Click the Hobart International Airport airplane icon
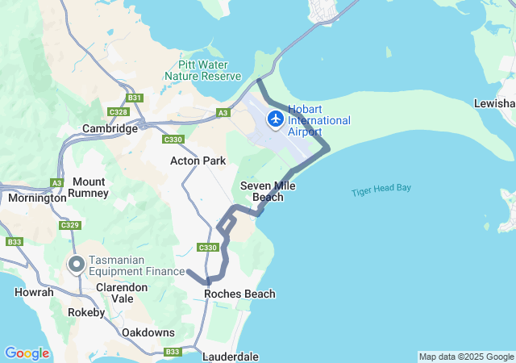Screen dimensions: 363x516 276,119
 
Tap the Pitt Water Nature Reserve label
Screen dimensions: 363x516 202,69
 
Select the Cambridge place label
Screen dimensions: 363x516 110,128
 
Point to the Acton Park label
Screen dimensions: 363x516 198,161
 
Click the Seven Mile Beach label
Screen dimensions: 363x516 268,191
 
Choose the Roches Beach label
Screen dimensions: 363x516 239,294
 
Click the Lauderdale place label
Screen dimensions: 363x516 231,356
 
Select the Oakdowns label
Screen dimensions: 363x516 148,332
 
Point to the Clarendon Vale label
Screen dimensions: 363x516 122,292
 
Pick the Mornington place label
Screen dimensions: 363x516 37,198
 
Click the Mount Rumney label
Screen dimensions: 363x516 89,188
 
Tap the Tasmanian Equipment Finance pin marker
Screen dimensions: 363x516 77,265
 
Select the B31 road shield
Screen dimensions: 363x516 135,98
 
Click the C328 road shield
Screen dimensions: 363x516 117,112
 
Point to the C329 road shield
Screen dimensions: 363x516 70,225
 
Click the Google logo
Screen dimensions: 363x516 27,353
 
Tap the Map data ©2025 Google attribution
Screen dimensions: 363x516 466,357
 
